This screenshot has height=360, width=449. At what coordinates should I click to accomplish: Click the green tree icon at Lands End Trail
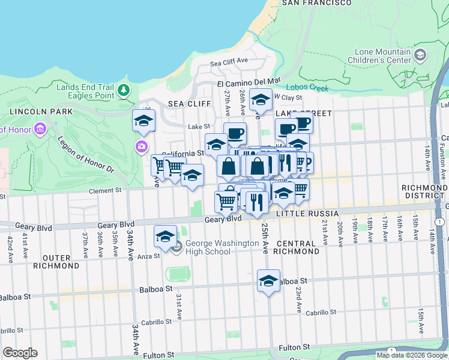click(x=124, y=91)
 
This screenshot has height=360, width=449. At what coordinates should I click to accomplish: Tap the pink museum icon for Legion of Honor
click(x=40, y=128)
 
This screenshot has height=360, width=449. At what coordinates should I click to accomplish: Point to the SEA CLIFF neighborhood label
click(x=189, y=104)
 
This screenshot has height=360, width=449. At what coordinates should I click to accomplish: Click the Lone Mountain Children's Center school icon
click(x=420, y=56)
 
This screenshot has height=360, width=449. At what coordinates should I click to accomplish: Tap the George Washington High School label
click(x=208, y=247)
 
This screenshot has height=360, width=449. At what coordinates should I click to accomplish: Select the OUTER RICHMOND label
click(x=61, y=261)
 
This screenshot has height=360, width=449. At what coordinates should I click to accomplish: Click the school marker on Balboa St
click(x=268, y=280)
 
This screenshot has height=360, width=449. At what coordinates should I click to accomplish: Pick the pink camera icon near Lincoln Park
click(x=142, y=146)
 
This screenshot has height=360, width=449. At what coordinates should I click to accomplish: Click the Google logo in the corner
click(x=20, y=353)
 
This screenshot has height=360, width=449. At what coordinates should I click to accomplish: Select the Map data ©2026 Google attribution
click(x=411, y=355)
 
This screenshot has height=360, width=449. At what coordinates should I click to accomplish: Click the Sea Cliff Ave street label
click(x=229, y=61)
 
